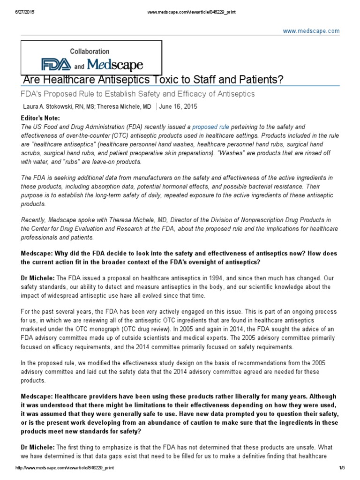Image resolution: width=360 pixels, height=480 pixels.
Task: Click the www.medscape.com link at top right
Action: point(317,31)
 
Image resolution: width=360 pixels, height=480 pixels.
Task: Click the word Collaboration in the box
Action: point(90,52)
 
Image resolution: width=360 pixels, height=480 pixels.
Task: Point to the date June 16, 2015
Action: point(178,106)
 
